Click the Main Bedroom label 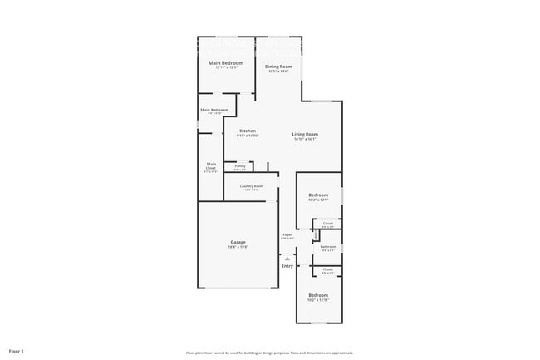click(x=226, y=63)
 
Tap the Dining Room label click(x=278, y=67)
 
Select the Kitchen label click(x=248, y=131)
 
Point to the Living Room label click(x=305, y=135)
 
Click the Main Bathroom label click(x=214, y=110)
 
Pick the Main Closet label click(x=211, y=165)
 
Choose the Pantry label click(x=239, y=166)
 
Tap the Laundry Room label click(x=252, y=186)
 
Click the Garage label click(x=238, y=242)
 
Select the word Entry click(x=287, y=266)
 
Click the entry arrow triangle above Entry click(x=287, y=258)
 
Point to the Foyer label click(x=287, y=235)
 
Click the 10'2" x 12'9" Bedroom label click(x=318, y=195)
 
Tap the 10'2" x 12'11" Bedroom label click(x=318, y=295)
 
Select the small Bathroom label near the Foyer click(x=328, y=246)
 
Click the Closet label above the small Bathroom click(x=328, y=223)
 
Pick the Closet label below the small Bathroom click(x=328, y=269)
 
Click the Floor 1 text click(x=17, y=351)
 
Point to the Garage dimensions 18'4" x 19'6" click(x=238, y=248)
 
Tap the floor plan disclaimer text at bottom click(x=269, y=352)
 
